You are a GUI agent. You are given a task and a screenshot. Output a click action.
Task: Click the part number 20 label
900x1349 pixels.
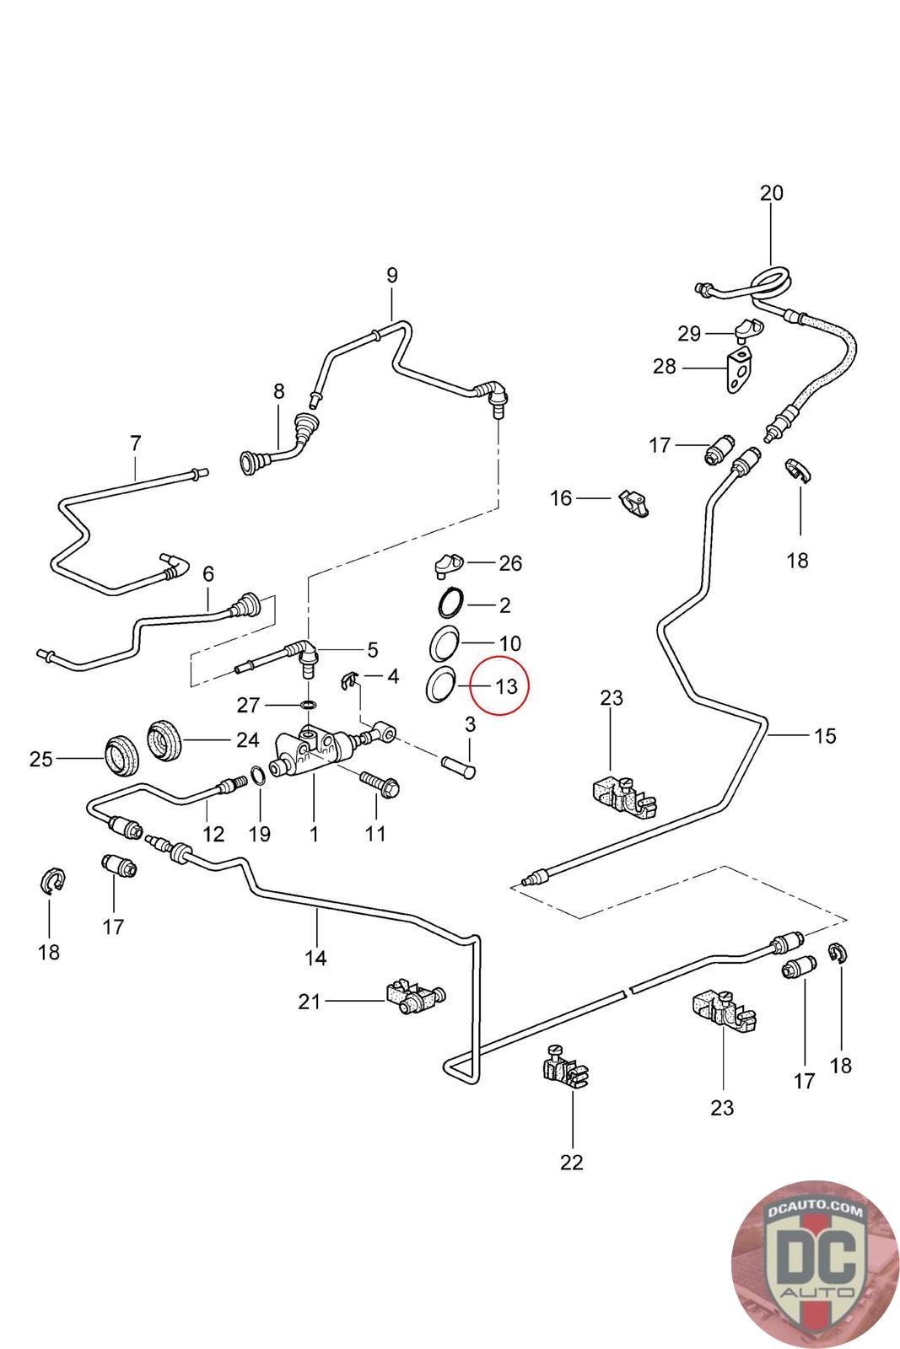(x=771, y=193)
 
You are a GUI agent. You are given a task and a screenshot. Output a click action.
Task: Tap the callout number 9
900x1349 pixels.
(x=391, y=276)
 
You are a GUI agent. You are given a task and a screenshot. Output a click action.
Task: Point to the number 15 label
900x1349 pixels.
(x=825, y=735)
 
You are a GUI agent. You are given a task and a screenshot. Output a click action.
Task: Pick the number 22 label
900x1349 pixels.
(x=571, y=1162)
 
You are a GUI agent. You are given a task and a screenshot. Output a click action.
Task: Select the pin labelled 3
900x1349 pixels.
(x=459, y=767)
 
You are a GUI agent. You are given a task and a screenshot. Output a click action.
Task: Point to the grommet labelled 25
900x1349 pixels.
(x=121, y=755)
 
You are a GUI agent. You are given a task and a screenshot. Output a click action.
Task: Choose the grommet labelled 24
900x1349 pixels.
(x=165, y=739)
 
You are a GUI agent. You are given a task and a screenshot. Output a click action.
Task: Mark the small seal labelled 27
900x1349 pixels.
(x=309, y=704)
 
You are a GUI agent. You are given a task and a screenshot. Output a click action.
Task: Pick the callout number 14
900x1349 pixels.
(x=315, y=958)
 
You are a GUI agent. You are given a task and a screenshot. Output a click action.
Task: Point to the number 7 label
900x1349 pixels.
(x=135, y=443)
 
